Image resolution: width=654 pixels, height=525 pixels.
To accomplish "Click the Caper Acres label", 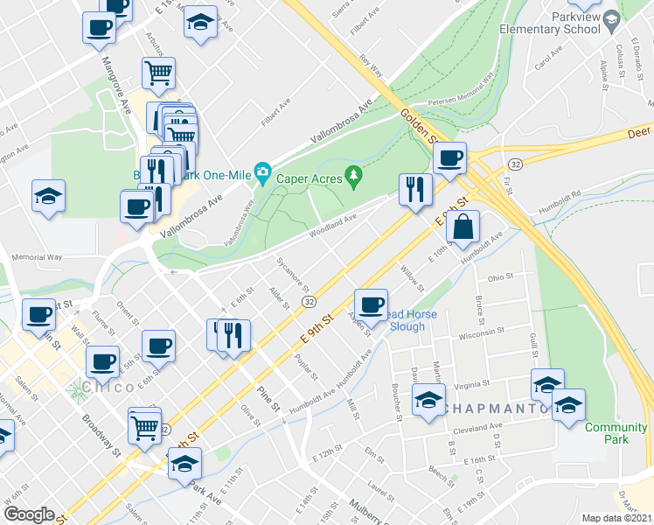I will click(x=308, y=178).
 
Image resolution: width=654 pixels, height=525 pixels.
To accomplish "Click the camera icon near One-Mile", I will click(x=261, y=173).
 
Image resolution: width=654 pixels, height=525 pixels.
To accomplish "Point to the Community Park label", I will click(x=604, y=433).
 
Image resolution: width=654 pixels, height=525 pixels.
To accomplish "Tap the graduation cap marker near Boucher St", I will click(x=428, y=402).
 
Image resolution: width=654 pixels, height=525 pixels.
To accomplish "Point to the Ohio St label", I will click(x=499, y=277).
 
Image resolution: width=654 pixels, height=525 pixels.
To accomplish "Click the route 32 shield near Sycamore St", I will click(x=310, y=301).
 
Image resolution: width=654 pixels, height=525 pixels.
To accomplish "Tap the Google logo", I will click(x=29, y=514).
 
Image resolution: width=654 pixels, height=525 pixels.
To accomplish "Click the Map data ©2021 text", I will click(x=617, y=518).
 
